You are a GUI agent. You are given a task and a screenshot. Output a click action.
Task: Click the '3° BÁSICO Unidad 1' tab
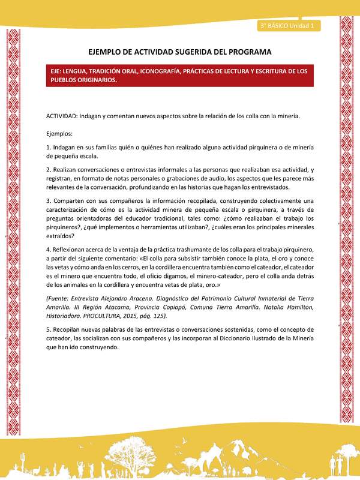pyautogui.click(x=289, y=26)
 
